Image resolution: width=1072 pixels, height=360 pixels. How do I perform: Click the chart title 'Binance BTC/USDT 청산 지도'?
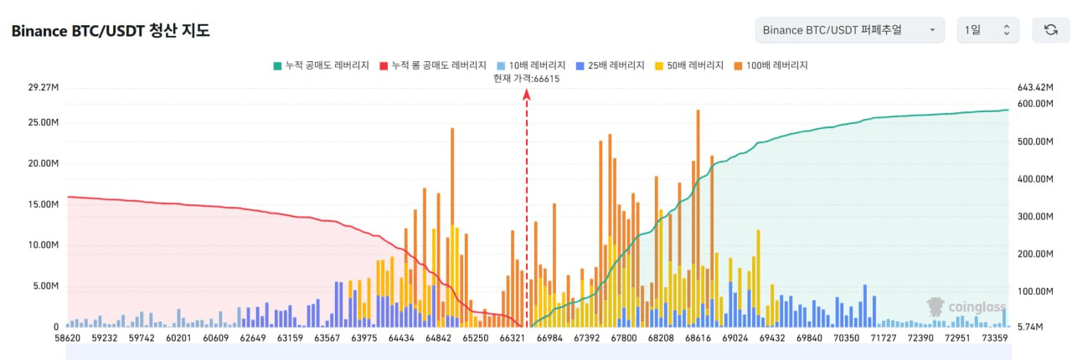[110, 31]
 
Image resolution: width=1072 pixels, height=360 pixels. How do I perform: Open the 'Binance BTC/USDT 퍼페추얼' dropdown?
[849, 30]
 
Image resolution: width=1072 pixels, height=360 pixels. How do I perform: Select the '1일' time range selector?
[987, 30]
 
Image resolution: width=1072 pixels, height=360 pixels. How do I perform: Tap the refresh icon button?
[1050, 30]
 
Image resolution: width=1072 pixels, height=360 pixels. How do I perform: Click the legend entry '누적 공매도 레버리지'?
[321, 65]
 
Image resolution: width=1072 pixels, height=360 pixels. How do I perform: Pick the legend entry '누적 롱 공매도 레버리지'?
[432, 65]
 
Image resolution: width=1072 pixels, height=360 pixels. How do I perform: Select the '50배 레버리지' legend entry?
[688, 65]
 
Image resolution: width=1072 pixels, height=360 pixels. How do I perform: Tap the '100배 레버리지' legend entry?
[770, 65]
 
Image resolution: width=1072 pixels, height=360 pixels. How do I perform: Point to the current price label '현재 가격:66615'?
[527, 79]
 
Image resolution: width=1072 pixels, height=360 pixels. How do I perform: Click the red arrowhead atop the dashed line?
[527, 95]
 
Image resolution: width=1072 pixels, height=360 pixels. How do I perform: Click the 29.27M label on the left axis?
[44, 87]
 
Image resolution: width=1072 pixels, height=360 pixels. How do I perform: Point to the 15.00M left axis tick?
[44, 204]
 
